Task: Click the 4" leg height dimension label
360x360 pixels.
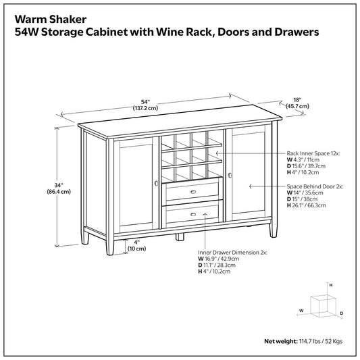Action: (136, 245)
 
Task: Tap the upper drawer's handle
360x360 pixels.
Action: (192, 192)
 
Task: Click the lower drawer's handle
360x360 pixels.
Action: (192, 214)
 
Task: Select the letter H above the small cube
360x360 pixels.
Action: (330, 286)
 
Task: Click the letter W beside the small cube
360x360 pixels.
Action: (301, 310)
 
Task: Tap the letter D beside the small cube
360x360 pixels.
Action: (342, 314)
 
